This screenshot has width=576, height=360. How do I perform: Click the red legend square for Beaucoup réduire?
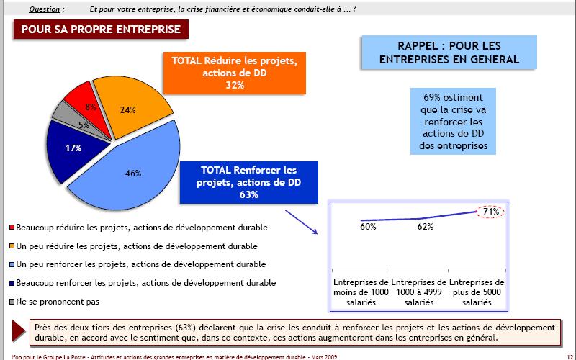12,228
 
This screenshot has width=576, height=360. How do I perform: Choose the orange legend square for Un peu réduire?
12,246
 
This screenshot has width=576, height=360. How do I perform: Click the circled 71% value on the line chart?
491,211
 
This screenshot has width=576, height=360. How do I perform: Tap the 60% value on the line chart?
368,228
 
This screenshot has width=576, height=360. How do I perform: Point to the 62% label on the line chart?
424,227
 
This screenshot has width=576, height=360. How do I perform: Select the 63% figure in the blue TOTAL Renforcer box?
249,194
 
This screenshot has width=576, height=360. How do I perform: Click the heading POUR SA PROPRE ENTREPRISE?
101,30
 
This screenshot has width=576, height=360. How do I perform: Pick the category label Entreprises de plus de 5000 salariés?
477,294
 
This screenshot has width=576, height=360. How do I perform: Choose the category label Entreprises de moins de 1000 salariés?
361,294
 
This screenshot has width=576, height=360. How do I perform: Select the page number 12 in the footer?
568,356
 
